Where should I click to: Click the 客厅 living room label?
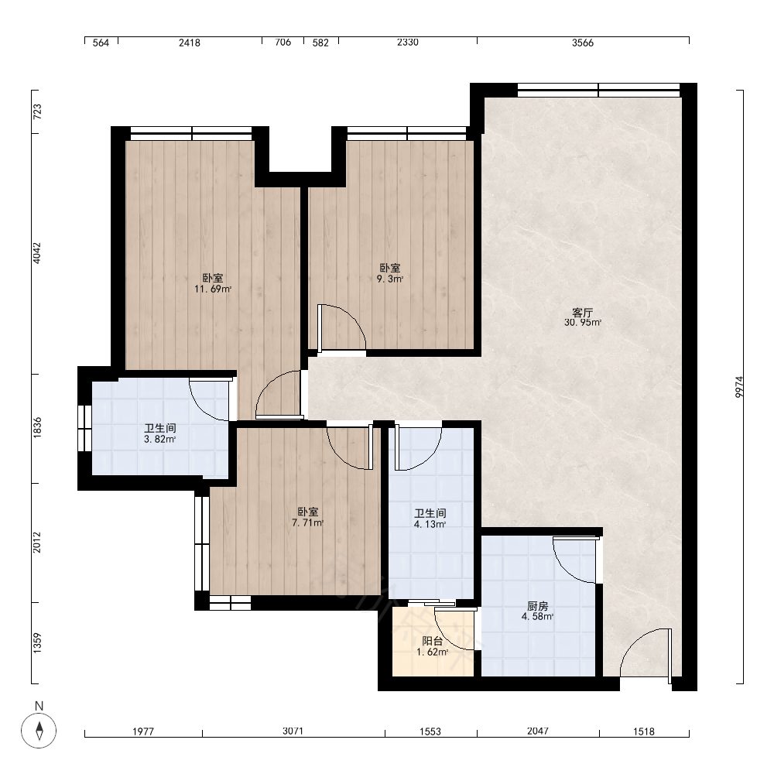coord(582,313)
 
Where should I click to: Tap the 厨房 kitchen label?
coord(538,606)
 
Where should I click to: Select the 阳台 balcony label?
coord(433,641)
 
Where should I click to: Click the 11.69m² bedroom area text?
coord(213,289)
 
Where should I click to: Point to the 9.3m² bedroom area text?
coord(390,279)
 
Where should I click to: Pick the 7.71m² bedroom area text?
coord(307,523)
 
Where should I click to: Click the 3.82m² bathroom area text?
coord(160,439)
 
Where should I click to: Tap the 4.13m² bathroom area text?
coord(430,524)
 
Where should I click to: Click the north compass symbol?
coord(39,730)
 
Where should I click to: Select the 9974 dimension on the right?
coord(739,387)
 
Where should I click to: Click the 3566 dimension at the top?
coord(583,43)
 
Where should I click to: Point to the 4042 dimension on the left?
coord(37,253)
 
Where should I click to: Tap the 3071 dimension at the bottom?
coord(293,731)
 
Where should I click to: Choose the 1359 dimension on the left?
coord(37,644)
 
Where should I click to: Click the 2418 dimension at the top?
coord(190,43)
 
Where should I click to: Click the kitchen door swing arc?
coord(576,560)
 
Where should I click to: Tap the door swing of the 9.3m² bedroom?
coord(342,328)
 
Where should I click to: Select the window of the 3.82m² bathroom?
coord(85,428)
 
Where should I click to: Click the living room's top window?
coord(598,91)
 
